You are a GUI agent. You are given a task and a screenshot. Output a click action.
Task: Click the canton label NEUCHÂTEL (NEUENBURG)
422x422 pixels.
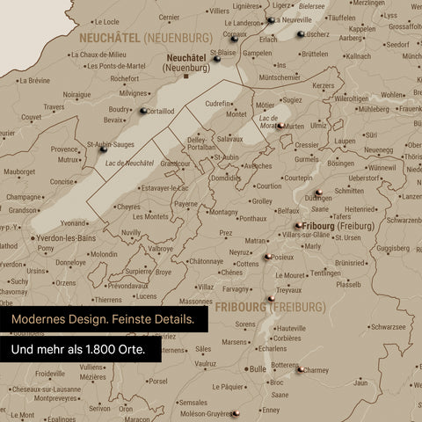(x=145, y=39)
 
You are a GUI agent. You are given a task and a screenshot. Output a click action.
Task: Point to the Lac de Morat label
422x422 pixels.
(x=269, y=120)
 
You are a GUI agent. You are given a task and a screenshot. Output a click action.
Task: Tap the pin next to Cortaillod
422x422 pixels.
(x=142, y=111)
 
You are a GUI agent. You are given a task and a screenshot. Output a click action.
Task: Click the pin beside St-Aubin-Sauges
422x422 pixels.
(x=104, y=150)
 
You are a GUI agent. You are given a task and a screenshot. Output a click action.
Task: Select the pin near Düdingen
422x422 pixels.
(x=317, y=192)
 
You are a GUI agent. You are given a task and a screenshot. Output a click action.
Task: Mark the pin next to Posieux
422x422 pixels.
(x=267, y=257)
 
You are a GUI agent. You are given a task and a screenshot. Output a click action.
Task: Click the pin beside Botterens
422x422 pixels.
(x=302, y=369)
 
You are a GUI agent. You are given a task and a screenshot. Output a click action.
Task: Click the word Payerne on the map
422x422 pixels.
(x=186, y=204)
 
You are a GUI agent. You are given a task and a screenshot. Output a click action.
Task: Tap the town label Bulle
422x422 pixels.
(x=258, y=369)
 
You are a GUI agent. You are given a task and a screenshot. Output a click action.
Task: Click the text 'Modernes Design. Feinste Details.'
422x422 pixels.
(x=104, y=321)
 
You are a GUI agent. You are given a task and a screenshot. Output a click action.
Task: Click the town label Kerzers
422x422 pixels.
(x=324, y=85)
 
